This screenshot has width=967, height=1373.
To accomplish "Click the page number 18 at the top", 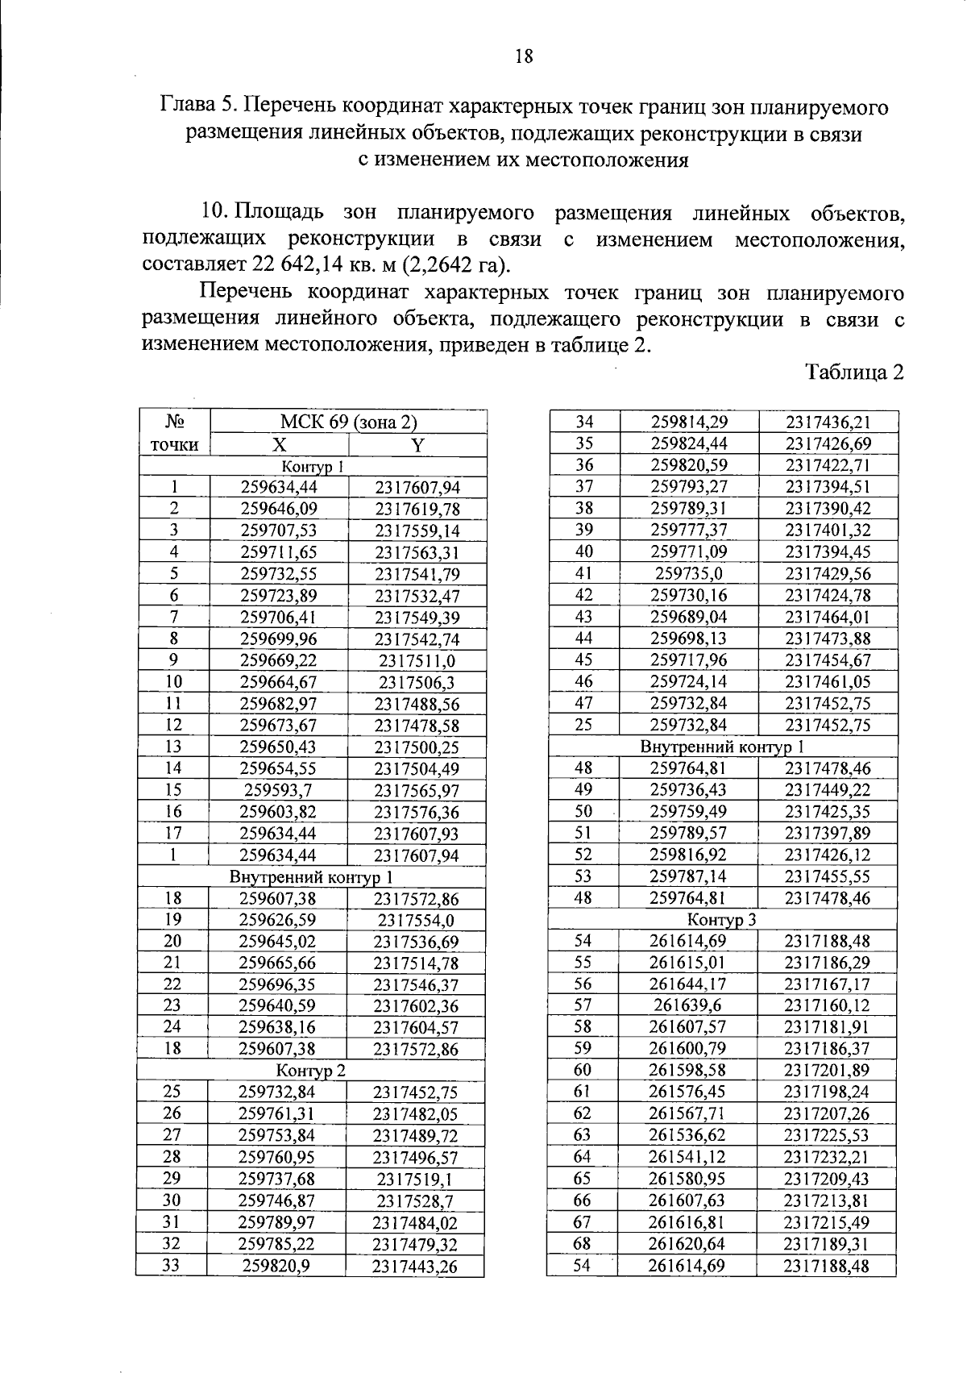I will point(523,56).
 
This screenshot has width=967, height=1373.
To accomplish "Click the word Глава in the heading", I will point(188,106).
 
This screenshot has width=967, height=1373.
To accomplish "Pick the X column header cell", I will point(279,445).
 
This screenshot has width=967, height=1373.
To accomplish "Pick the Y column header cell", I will point(417,445).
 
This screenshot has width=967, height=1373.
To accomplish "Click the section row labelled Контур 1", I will point(313,467).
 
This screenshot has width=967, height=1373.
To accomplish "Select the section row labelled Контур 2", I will point(310,1071).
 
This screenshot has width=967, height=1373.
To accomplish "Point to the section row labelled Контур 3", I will point(721,919).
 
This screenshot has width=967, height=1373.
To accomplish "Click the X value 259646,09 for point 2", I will point(279,509).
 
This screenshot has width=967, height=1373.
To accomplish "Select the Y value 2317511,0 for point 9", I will point(417,661).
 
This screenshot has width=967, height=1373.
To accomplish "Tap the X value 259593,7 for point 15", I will point(279,791).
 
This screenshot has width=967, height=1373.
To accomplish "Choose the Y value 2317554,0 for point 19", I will point(416,921).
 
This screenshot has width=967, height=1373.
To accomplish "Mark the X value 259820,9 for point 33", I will point(276,1267).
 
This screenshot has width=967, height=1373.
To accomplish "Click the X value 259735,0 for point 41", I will point(689,574).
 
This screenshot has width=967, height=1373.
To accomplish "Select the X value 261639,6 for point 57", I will point(687,1005).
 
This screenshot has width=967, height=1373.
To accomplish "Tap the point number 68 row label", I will point(582,1244).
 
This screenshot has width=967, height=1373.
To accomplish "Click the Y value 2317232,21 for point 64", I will point(827,1157).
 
